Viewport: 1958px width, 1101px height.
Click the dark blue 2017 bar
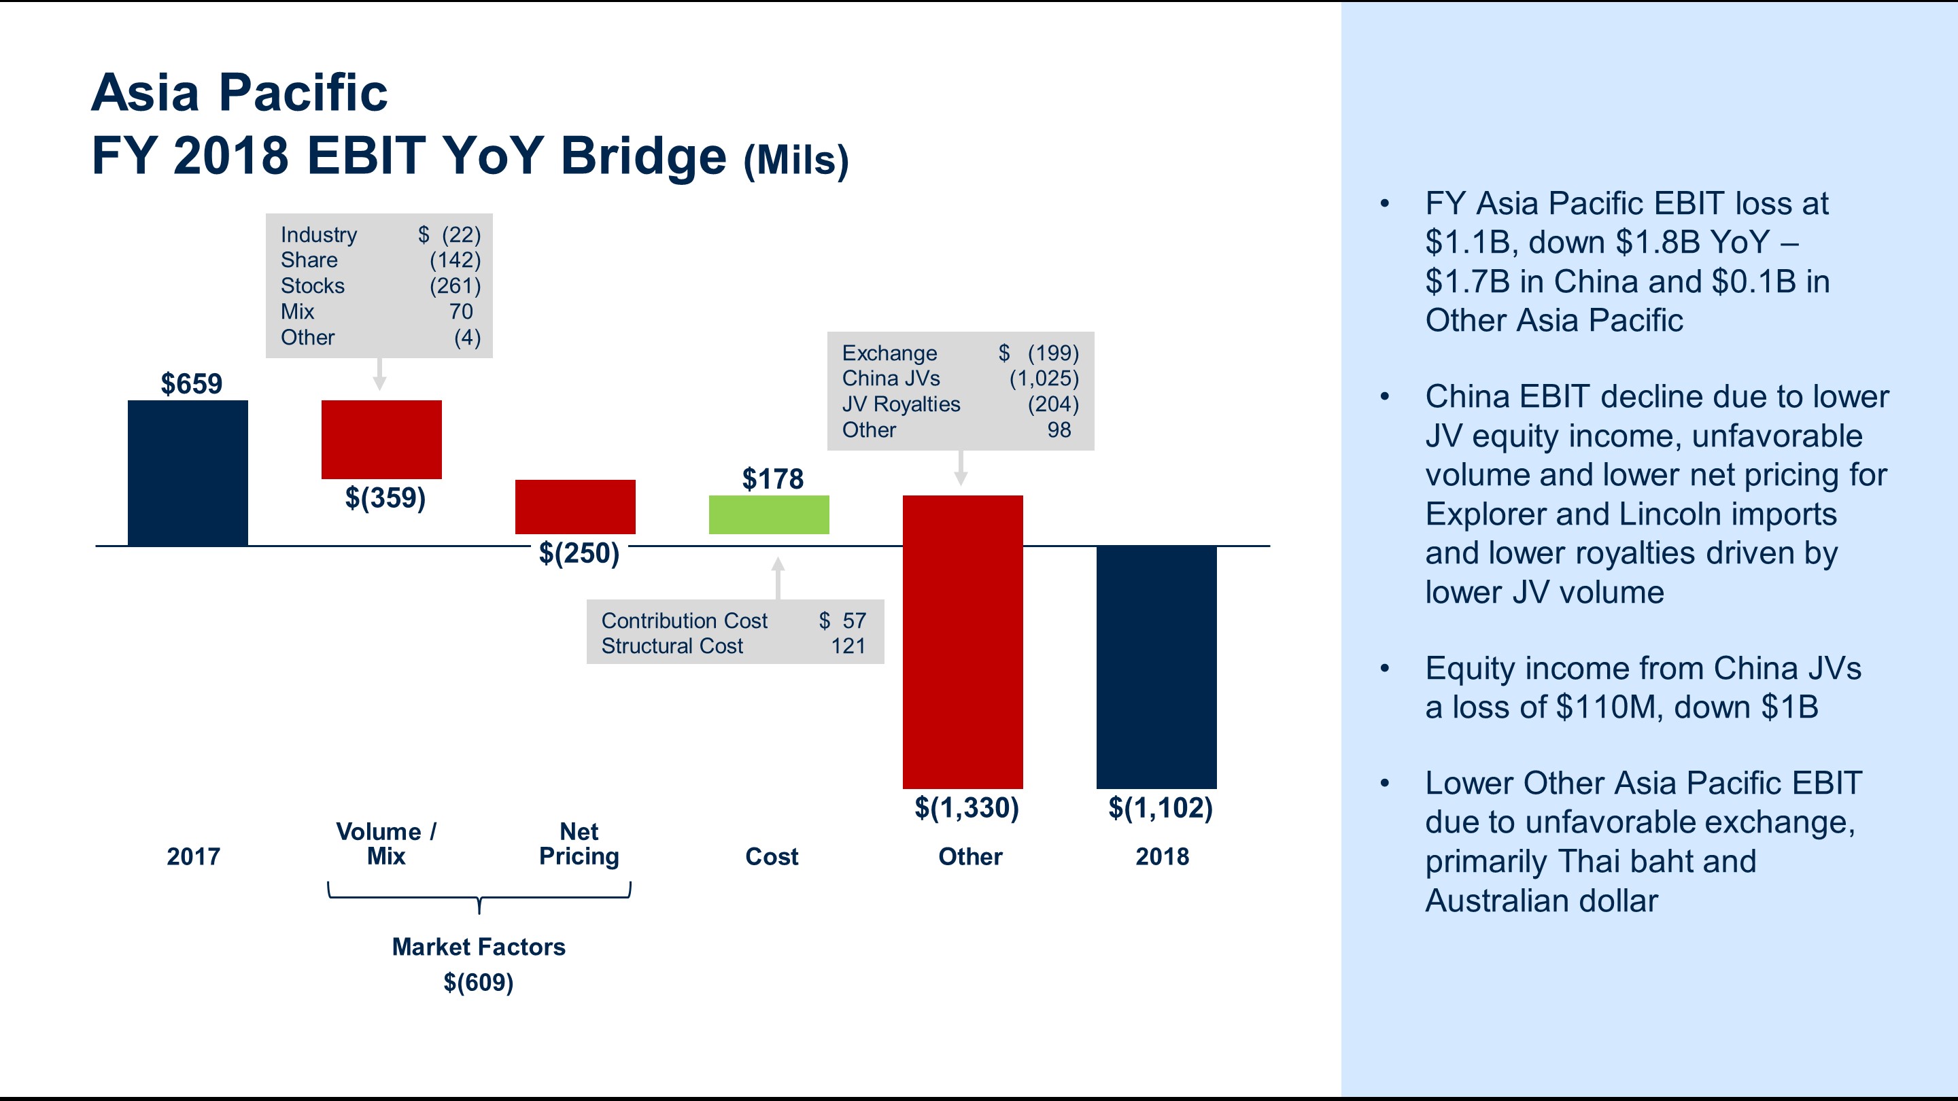[x=188, y=472]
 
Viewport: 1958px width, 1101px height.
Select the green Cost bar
[x=768, y=515]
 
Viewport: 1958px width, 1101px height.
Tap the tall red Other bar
[x=962, y=642]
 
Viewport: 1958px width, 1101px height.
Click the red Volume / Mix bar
[x=381, y=439]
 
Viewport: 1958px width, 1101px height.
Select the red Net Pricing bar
[x=575, y=507]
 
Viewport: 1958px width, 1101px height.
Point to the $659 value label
[x=192, y=384]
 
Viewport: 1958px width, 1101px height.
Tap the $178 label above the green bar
[x=772, y=478]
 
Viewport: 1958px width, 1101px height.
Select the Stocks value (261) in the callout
[x=455, y=285]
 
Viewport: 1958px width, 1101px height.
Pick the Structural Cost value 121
[x=848, y=646]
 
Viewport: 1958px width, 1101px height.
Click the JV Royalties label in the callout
[x=901, y=404]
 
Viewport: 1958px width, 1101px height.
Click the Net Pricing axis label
[x=579, y=843]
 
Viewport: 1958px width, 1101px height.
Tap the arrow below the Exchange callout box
[x=961, y=468]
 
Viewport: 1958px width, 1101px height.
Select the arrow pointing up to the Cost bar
[x=778, y=578]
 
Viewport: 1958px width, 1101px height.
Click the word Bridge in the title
[x=643, y=156]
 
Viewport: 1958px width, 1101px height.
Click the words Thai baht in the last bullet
[x=1657, y=862]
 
